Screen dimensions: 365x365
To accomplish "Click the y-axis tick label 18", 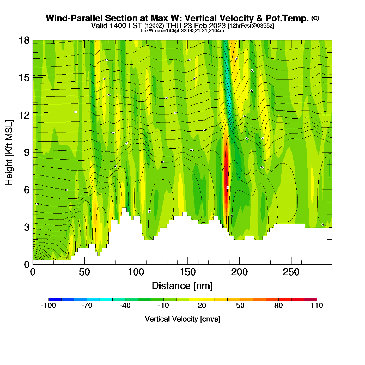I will pos(24,40).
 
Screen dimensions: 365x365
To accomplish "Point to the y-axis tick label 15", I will pos(24,78).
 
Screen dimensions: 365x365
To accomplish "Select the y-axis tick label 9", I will pos(27,153).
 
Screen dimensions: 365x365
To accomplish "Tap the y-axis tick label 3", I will pos(27,227).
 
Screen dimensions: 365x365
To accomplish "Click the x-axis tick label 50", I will pos(84,272).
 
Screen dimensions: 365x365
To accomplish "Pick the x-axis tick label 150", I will pos(188,272).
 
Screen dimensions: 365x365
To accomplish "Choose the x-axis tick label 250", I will pos(291,272).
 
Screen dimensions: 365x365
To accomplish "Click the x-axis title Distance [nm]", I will pos(182,286).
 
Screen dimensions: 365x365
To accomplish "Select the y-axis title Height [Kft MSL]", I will pos(9,153).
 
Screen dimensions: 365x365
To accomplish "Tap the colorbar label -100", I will pos(48,306).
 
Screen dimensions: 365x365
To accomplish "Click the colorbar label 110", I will pos(317,306).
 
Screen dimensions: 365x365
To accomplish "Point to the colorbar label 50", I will pos(240,306).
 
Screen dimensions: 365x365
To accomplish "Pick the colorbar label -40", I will pos(125,306).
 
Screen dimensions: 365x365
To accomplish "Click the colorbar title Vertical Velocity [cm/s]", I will pos(182,319).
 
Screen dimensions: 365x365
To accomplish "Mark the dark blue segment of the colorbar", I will pos(55,300).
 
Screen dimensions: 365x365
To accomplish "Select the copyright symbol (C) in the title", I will pos(315,18).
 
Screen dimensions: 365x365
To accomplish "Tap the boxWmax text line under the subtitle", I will pos(182,31).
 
